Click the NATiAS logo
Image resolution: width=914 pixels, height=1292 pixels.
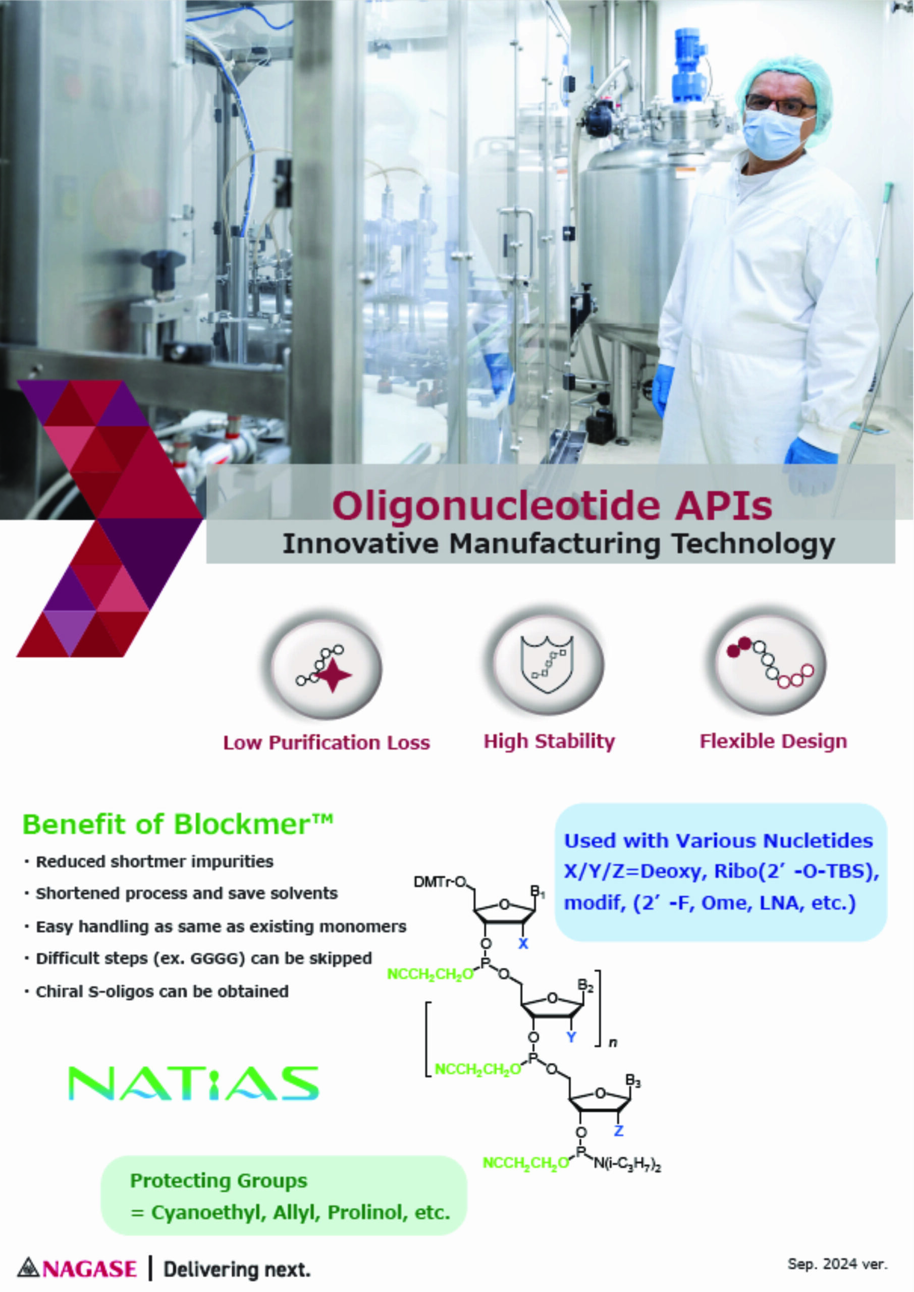click(x=193, y=1083)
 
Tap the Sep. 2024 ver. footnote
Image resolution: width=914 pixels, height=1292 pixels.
click(x=837, y=1264)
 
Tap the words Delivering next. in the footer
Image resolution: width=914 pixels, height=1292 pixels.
click(x=237, y=1269)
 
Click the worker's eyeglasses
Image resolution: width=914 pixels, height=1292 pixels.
click(x=781, y=104)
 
